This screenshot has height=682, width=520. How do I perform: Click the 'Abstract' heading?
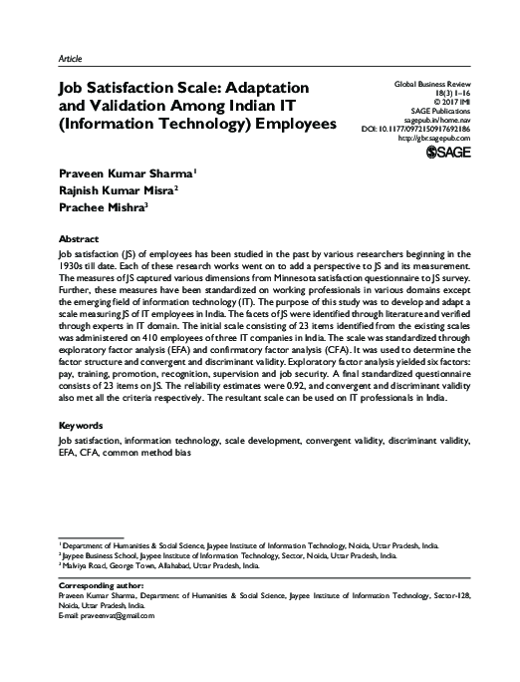79,240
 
